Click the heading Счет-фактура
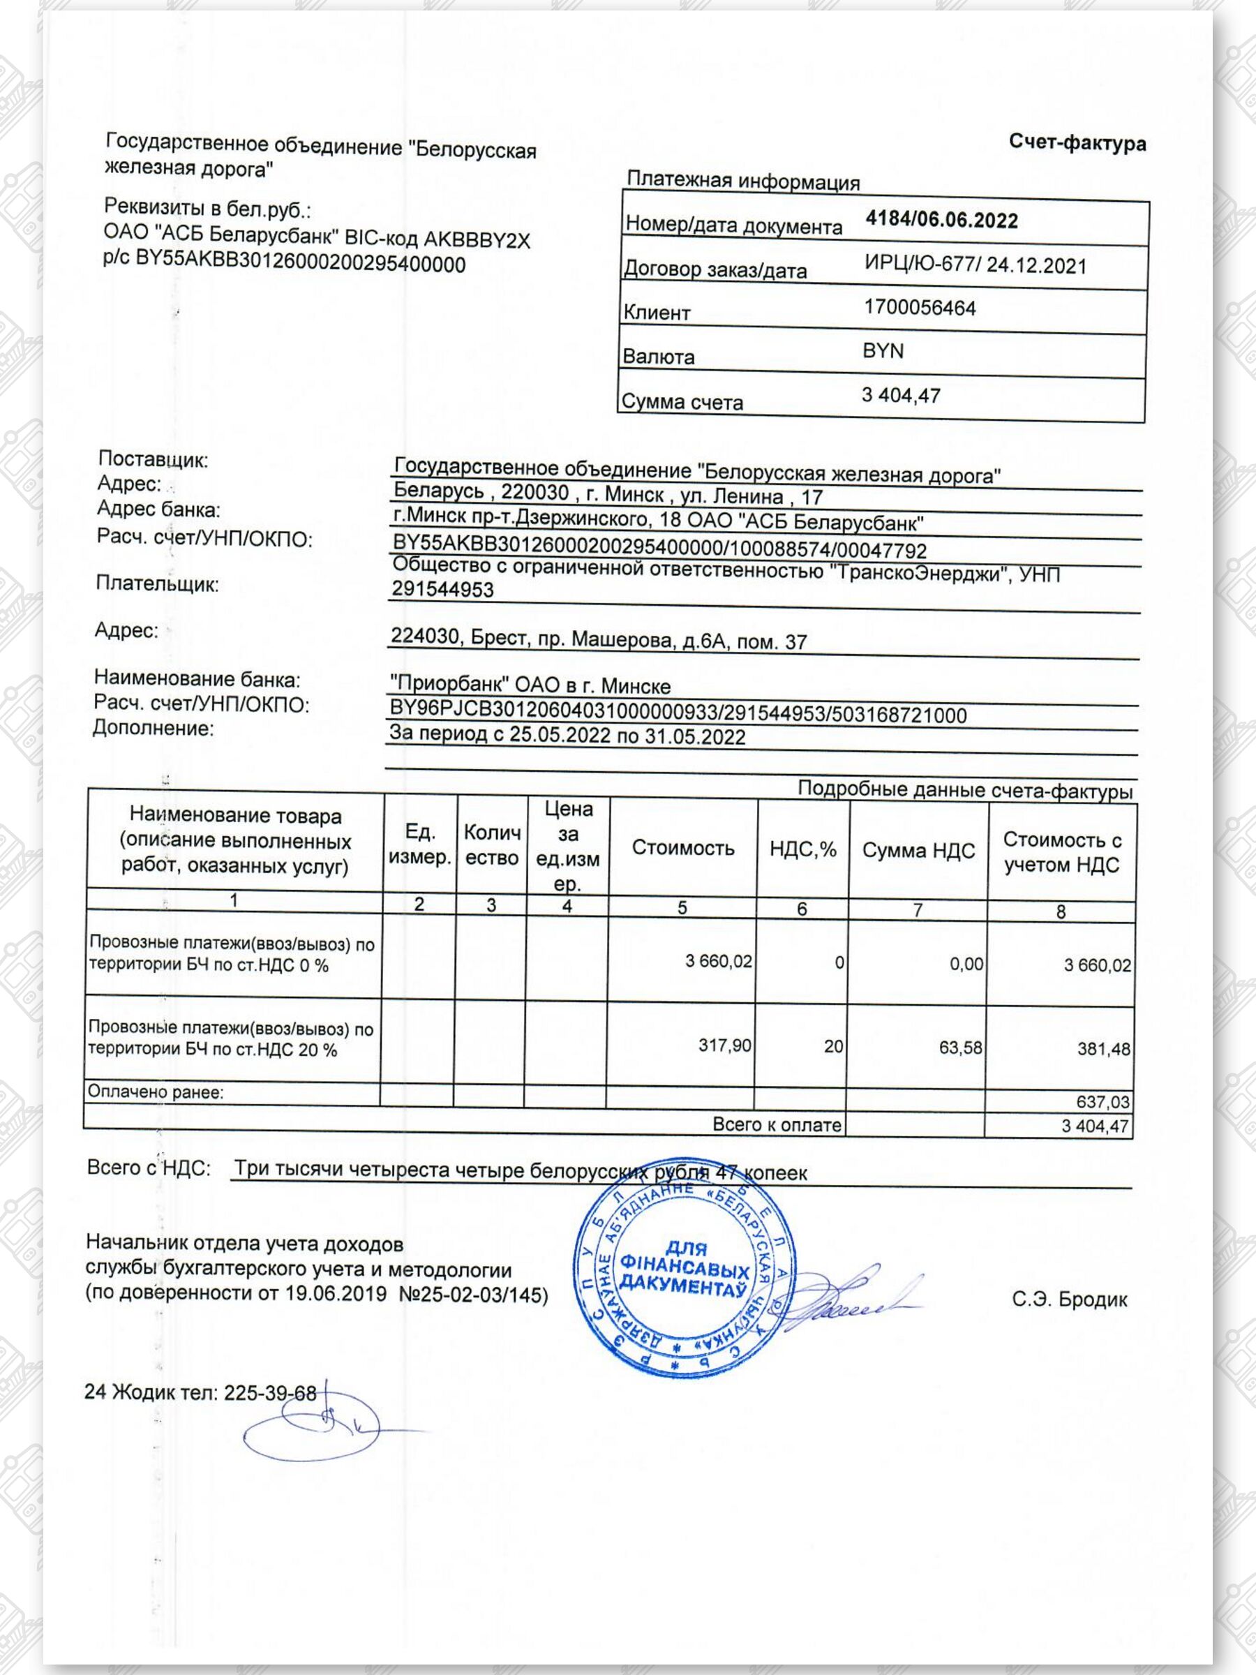pos(1077,143)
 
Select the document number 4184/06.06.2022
pos(941,221)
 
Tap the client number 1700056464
pos(919,308)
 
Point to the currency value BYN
pos(883,351)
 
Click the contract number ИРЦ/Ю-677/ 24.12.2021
pos(974,266)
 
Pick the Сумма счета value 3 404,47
pos(900,395)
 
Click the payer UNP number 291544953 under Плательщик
pos(442,590)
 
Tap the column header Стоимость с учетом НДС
pos(1061,852)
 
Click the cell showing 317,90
pos(724,1045)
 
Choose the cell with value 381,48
pos(1103,1050)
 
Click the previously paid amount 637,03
pos(1102,1102)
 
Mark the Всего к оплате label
pos(777,1124)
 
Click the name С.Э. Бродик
pos(1069,1300)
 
